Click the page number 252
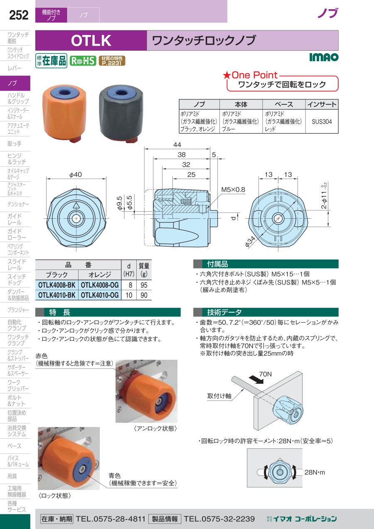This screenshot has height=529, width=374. coord(19,15)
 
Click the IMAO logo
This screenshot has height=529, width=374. coord(324,57)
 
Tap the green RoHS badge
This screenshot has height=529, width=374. coord(83,61)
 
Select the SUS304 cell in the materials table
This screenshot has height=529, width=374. coord(322,121)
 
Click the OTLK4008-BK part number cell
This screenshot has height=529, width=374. coord(57,285)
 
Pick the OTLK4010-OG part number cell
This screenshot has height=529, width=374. coord(100,295)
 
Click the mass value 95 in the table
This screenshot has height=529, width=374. coord(144,285)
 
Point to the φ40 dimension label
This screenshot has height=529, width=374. coord(76,175)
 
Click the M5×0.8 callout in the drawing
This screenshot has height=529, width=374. coord(233,189)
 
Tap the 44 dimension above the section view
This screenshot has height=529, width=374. coord(177,145)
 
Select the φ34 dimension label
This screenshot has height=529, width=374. coord(250,242)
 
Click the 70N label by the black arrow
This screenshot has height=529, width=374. coord(266,374)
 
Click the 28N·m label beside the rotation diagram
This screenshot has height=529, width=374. coord(315,472)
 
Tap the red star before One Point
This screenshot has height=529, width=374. coord(227,75)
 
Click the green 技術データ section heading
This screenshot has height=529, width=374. coord(266,312)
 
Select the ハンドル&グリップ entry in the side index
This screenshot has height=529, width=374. coord(18,98)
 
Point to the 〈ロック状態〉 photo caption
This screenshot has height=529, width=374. coord(54,495)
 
